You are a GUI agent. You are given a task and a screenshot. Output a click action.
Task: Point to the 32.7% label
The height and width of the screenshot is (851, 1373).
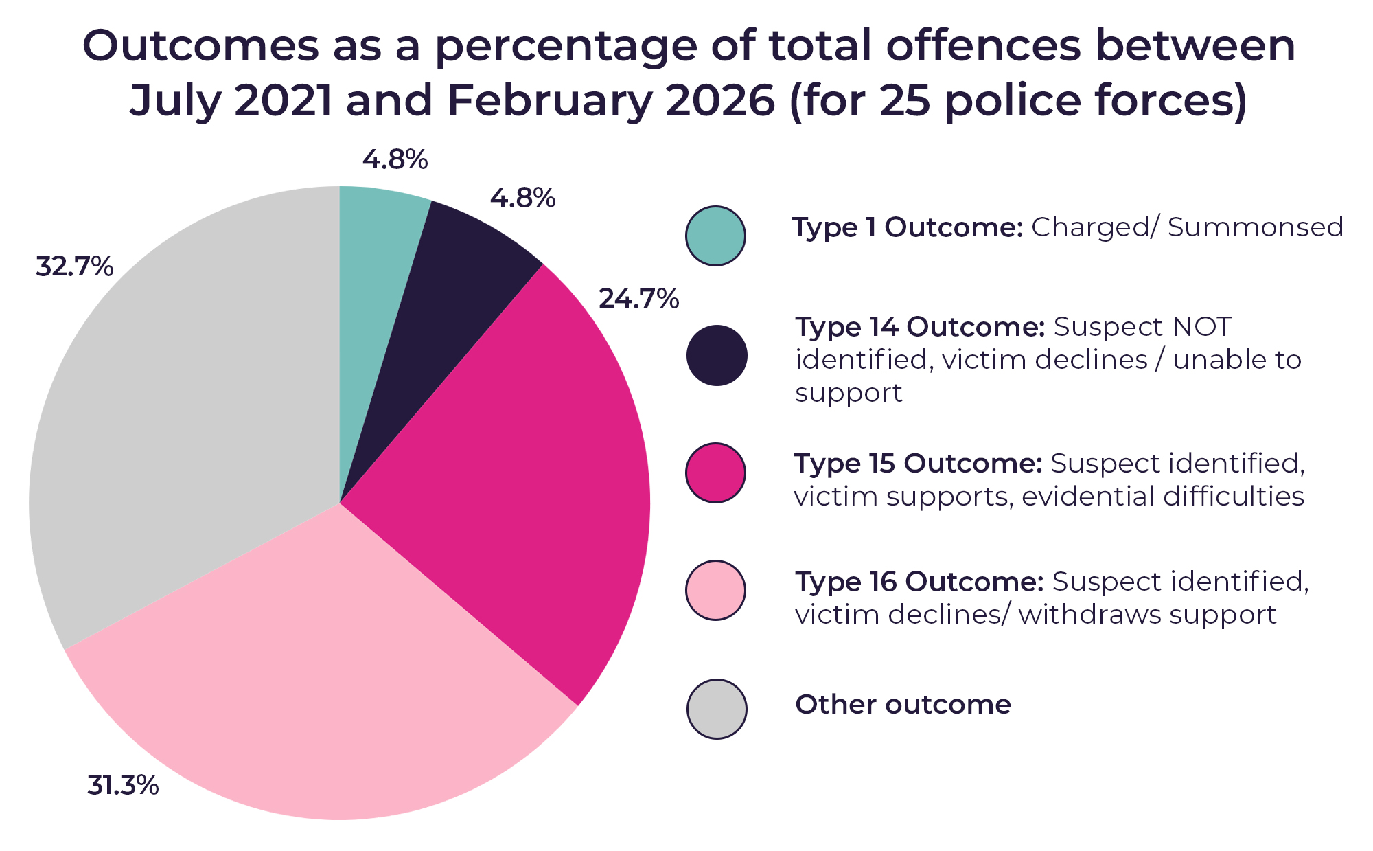(x=74, y=266)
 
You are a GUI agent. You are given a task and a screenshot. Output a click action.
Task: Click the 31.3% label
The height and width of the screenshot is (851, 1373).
(x=123, y=785)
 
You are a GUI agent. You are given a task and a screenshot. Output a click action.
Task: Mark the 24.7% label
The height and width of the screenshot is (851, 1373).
(x=638, y=299)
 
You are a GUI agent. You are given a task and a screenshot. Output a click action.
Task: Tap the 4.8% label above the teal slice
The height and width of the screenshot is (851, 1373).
(x=395, y=159)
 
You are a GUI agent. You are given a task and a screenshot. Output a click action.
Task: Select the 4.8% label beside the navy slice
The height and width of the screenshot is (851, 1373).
(x=522, y=198)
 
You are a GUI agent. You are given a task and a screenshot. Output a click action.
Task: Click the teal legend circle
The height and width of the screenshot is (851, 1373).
(x=715, y=236)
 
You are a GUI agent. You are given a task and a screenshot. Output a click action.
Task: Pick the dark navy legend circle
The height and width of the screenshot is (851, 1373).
(x=716, y=355)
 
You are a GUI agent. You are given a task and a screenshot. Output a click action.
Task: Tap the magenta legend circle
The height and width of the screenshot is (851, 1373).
(x=715, y=473)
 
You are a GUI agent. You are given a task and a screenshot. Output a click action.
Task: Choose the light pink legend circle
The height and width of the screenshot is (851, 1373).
(x=715, y=591)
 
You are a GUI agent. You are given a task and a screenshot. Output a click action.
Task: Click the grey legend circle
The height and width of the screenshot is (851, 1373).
(x=716, y=709)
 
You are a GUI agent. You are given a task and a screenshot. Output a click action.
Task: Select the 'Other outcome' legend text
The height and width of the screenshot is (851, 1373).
(x=903, y=705)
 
